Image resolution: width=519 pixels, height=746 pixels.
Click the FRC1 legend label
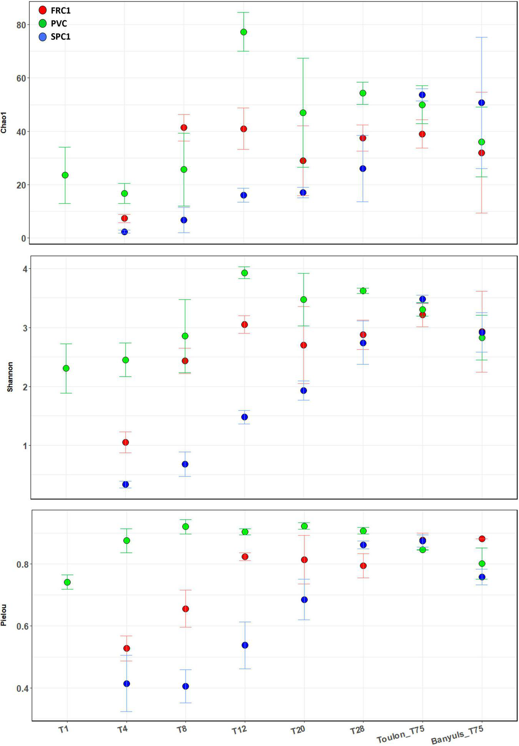point(60,11)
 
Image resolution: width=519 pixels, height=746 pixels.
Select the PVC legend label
point(59,24)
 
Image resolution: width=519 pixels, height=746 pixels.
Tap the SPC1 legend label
point(60,37)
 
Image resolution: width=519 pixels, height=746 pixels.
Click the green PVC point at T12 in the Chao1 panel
point(243,32)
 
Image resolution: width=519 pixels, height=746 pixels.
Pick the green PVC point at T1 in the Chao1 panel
point(65,175)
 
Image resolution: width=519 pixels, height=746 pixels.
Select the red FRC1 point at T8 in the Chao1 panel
point(184,128)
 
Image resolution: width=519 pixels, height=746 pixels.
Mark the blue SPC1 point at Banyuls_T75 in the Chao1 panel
point(481,103)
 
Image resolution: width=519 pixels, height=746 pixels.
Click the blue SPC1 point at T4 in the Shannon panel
point(125,484)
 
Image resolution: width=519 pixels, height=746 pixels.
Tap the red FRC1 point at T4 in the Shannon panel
point(125,442)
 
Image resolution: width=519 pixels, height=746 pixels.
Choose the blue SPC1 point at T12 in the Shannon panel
point(244,417)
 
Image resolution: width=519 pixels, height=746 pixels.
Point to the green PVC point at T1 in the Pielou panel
point(67,582)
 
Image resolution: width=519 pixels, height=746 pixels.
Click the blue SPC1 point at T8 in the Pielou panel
point(186,686)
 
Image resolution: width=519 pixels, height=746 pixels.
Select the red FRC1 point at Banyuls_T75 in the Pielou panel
point(482,539)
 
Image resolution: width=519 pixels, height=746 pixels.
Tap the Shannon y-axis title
point(10,377)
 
